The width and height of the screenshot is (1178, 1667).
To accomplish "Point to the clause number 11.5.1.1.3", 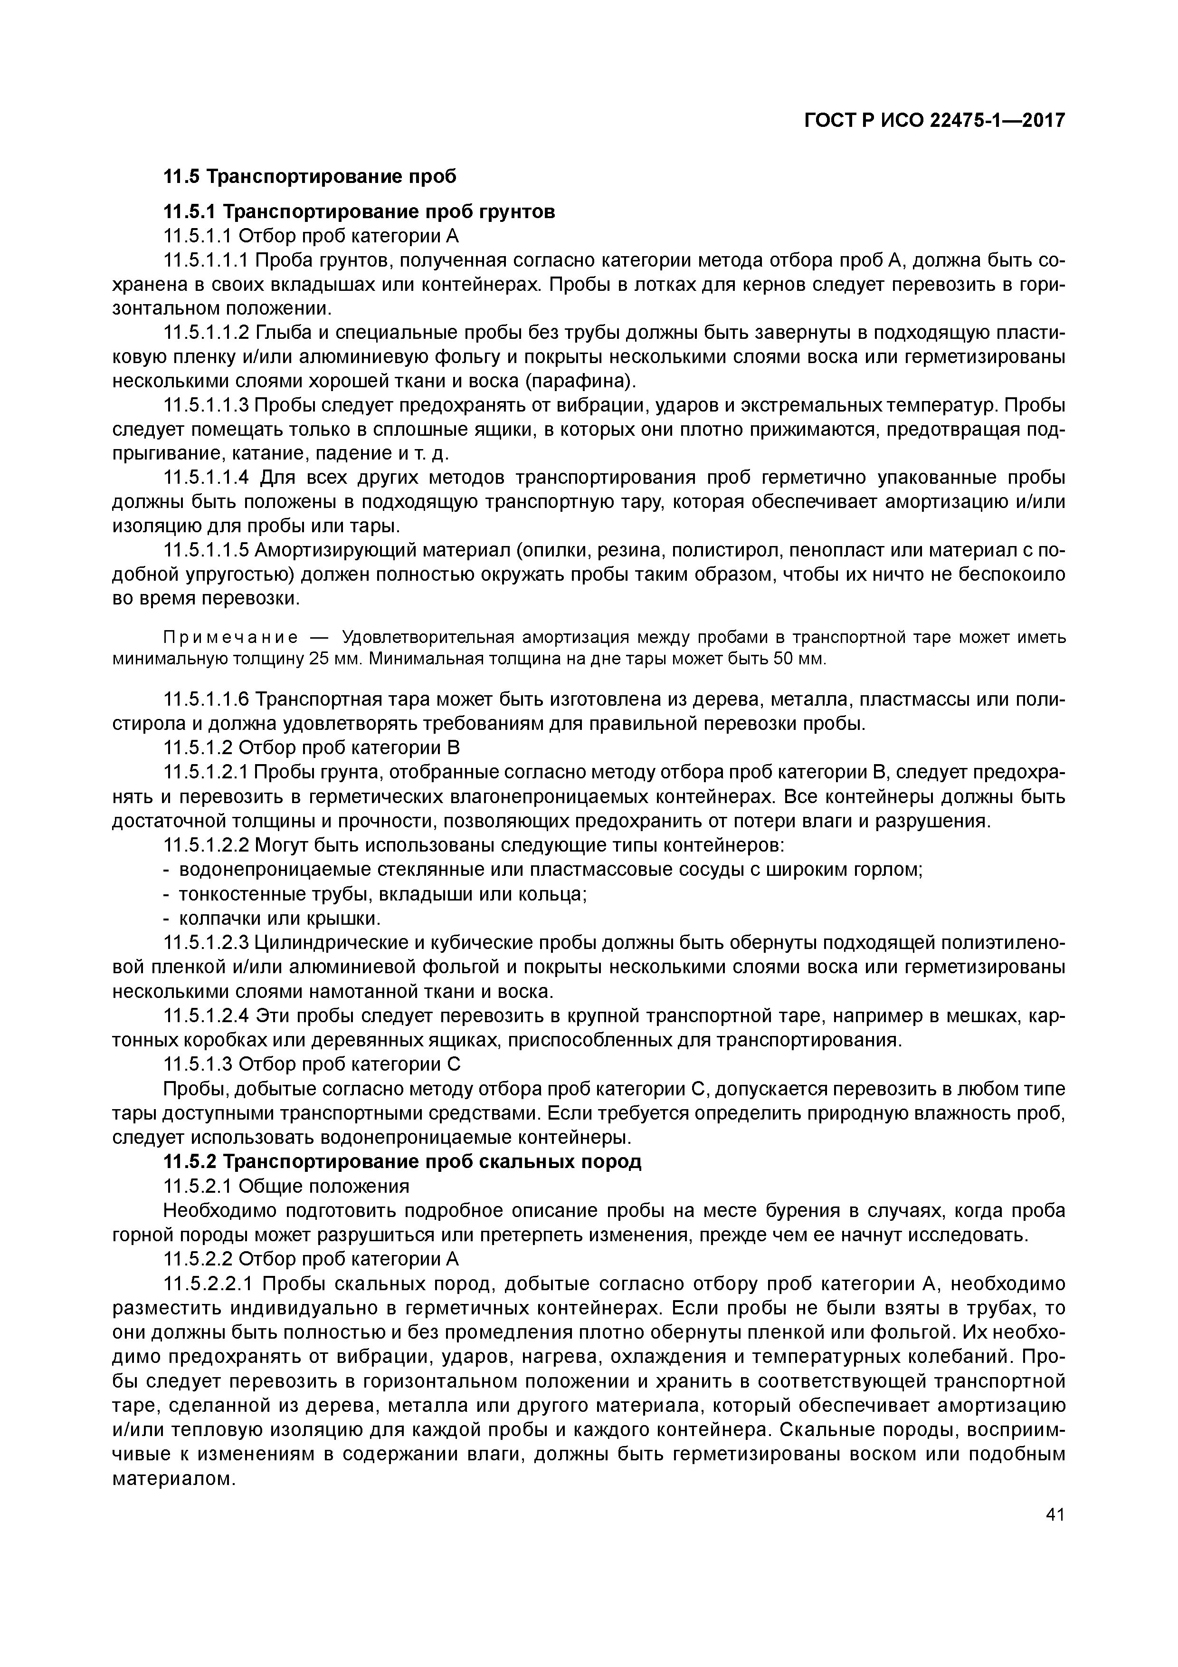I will click(207, 405).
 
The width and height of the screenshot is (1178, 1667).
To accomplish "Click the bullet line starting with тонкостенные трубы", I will click(383, 894).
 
